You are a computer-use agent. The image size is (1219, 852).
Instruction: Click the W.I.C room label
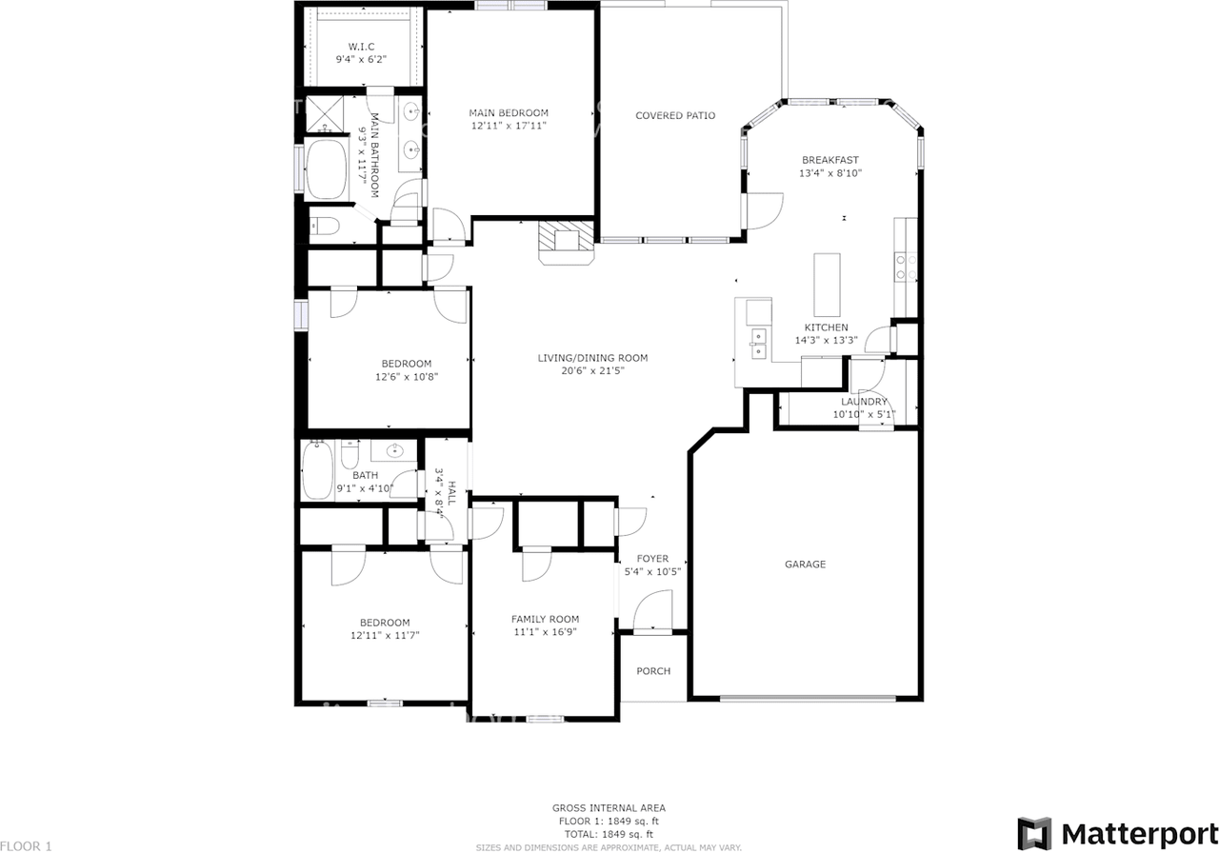pyautogui.click(x=360, y=46)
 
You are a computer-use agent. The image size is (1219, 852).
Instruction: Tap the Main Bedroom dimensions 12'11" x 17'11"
pyautogui.click(x=509, y=126)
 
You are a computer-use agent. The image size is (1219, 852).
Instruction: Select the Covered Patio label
pyautogui.click(x=675, y=116)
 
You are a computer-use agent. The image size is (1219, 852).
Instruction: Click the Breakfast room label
pyautogui.click(x=829, y=160)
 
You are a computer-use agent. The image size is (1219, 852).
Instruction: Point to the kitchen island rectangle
pyautogui.click(x=828, y=284)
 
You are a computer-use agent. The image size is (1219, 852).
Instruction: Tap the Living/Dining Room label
pyautogui.click(x=592, y=358)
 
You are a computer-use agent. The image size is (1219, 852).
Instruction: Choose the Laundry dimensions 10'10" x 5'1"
pyautogui.click(x=864, y=414)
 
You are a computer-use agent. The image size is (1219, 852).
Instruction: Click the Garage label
pyautogui.click(x=805, y=565)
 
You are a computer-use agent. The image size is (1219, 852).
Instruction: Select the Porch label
pyautogui.click(x=653, y=671)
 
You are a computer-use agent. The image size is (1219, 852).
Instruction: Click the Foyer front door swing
pyautogui.click(x=654, y=610)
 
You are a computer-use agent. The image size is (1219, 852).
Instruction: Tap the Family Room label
pyautogui.click(x=545, y=619)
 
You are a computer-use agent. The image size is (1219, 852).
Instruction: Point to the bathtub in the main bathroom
pyautogui.click(x=328, y=170)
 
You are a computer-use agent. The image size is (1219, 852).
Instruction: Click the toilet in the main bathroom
pyautogui.click(x=325, y=227)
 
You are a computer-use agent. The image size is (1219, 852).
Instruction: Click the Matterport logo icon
pyautogui.click(x=1034, y=833)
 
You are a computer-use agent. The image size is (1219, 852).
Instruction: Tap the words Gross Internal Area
pyautogui.click(x=609, y=807)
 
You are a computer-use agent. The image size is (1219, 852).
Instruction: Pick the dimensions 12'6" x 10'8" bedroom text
pyautogui.click(x=407, y=376)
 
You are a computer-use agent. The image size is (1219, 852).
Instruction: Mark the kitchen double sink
pyautogui.click(x=759, y=343)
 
